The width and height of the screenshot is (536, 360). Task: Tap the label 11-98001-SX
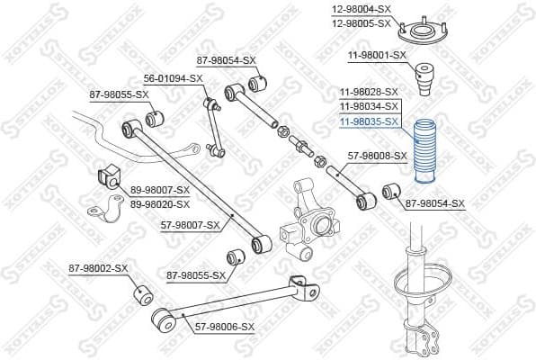pos(377,56)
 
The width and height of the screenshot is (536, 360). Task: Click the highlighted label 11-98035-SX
pos(369,121)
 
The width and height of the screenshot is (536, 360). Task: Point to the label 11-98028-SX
pos(369,93)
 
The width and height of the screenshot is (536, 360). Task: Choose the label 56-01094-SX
pos(173,78)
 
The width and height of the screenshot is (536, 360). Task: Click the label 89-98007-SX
pos(160,190)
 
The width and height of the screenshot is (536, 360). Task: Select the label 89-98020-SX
pos(160,203)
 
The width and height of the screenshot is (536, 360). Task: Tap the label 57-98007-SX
pos(191,224)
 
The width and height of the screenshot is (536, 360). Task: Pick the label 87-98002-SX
pos(99,267)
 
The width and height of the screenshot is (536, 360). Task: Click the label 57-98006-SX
pos(225,327)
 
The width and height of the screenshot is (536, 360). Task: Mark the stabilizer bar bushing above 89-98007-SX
pos(104,176)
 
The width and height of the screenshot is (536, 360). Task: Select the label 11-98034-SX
pos(369,106)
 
